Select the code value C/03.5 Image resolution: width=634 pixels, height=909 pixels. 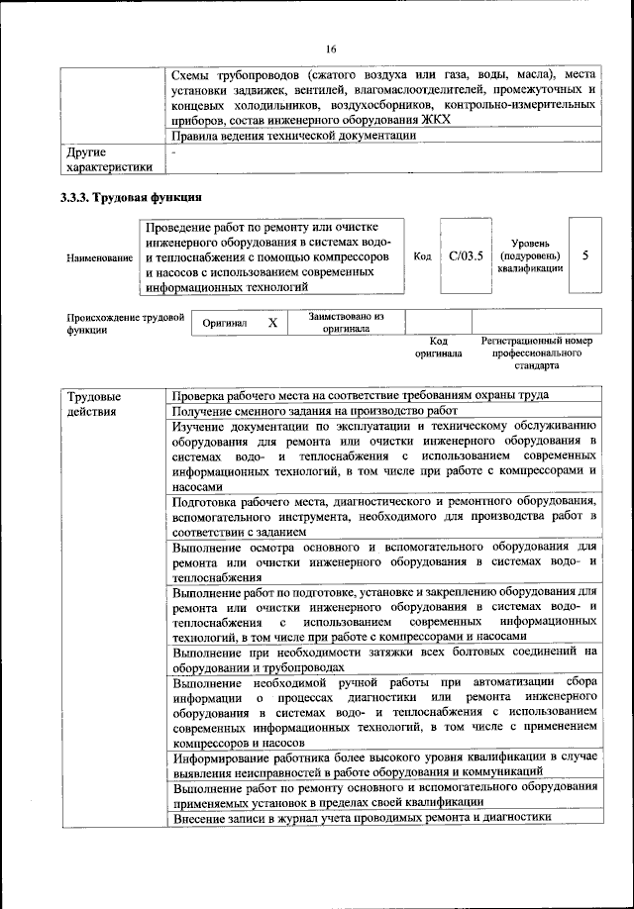465,256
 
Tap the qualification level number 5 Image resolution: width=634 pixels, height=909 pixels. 584,255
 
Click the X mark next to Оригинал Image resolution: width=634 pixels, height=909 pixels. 271,323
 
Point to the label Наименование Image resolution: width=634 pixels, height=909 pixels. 99,257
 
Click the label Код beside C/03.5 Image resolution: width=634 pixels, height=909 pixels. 422,256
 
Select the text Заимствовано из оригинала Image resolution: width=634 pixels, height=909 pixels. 346,323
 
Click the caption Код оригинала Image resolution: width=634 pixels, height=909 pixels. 438,347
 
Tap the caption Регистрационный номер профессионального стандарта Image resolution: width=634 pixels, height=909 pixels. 536,353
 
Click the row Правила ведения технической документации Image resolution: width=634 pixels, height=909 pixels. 294,137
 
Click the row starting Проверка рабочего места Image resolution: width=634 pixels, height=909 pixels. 361,395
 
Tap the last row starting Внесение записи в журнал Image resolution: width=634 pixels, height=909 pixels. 361,818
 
